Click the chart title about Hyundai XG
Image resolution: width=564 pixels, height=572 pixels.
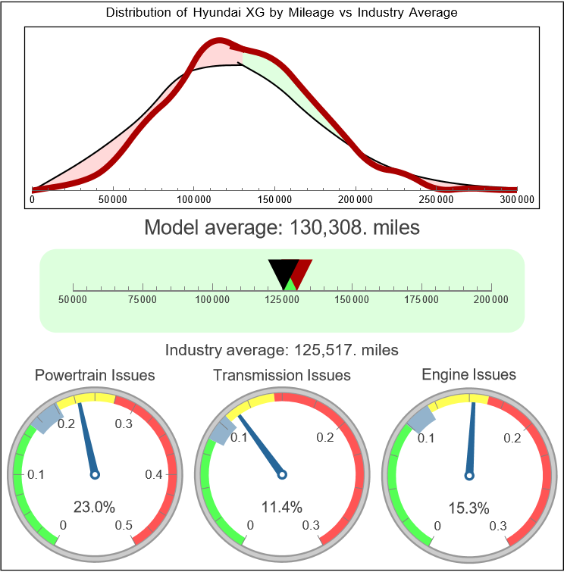point(281,13)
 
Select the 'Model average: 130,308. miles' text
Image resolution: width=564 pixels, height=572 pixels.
point(281,227)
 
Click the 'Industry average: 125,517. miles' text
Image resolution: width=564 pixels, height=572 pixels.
point(281,350)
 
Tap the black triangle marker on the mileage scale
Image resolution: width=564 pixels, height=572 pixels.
point(282,271)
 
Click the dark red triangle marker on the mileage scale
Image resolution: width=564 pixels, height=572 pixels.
point(302,270)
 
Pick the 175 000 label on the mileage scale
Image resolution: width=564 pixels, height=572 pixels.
point(421,300)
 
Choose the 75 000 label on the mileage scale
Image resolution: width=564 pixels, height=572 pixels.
point(143,300)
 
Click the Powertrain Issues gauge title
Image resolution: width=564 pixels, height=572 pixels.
point(95,375)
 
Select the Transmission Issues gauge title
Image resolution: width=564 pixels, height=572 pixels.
point(282,375)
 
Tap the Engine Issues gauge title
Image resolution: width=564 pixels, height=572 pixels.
point(468,374)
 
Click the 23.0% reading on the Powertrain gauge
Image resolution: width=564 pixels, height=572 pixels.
point(94,507)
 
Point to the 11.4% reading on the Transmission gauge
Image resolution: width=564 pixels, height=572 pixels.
point(281,507)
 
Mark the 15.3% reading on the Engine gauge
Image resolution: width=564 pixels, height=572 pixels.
point(468,507)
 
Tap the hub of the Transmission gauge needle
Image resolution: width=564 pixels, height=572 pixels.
point(282,474)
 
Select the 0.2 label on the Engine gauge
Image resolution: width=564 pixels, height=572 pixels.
point(512,438)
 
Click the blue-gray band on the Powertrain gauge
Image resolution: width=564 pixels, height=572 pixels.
point(48,417)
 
